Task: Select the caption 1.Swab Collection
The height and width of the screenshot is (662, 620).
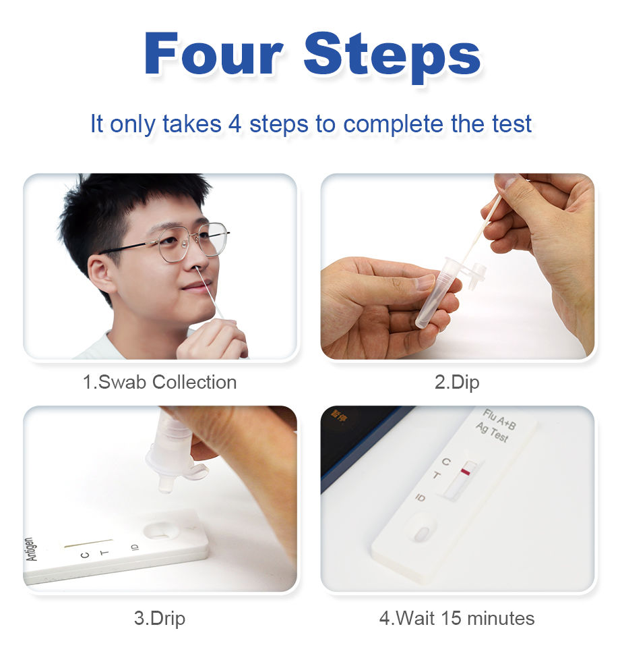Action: click(x=160, y=382)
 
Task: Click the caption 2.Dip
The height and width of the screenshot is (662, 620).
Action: click(x=457, y=382)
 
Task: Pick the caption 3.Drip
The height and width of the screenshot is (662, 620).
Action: click(x=160, y=617)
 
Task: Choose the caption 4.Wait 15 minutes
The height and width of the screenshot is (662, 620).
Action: click(x=457, y=617)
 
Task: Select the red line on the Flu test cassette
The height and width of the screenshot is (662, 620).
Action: click(x=467, y=470)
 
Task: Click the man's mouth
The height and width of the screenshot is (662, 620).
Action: click(x=196, y=287)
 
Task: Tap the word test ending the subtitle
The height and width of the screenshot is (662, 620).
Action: click(x=511, y=123)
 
